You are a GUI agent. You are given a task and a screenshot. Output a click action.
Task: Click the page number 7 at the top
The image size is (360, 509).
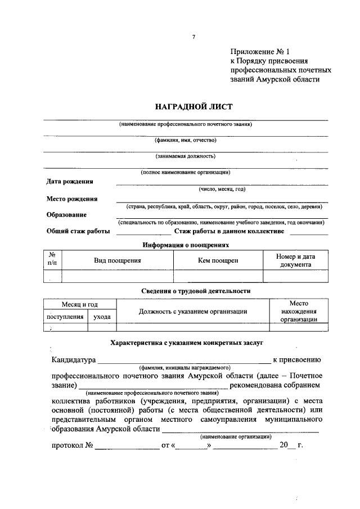point(193,37)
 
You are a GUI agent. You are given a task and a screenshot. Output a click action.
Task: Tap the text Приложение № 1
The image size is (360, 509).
point(263,51)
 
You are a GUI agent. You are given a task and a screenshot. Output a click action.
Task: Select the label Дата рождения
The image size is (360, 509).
point(70,182)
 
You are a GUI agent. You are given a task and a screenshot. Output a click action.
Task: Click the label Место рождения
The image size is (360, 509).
point(71,199)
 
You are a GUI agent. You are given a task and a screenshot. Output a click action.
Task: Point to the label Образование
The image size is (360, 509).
point(66,214)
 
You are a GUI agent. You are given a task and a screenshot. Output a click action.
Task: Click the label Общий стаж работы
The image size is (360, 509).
point(78,231)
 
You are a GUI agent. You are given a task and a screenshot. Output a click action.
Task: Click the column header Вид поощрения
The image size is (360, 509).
point(117,260)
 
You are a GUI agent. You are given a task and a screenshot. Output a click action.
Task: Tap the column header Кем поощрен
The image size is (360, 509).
point(218,260)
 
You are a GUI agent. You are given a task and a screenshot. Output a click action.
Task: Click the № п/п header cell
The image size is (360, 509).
point(52,259)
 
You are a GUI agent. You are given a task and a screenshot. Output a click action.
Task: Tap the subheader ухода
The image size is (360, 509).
point(102,317)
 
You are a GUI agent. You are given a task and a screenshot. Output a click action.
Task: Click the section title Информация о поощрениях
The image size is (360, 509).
point(186,245)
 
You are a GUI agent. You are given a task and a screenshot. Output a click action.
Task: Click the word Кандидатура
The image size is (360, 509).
point(73,360)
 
